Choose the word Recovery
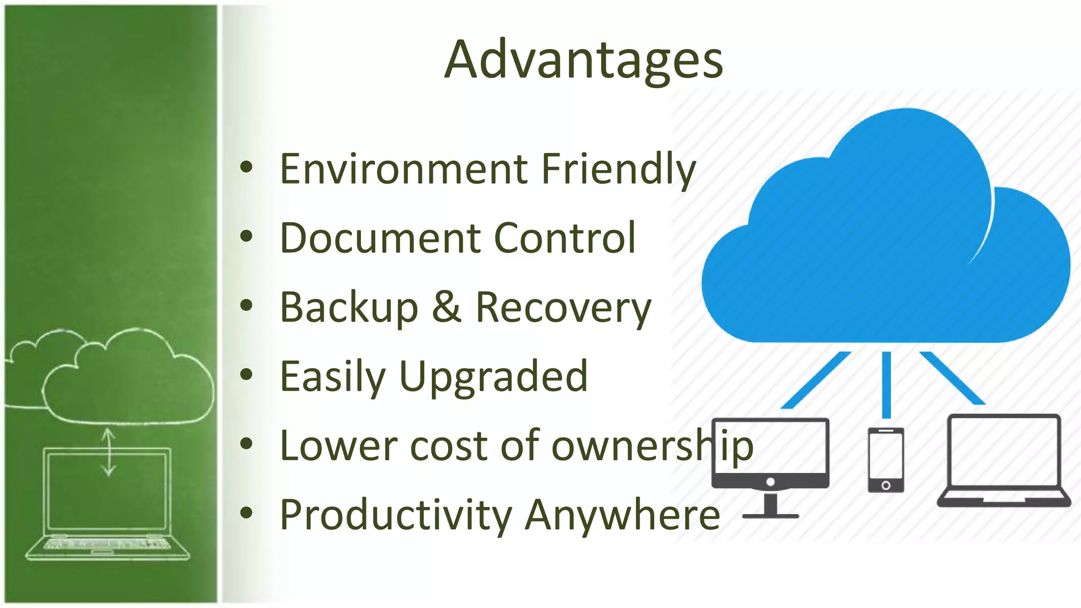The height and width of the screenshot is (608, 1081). pyautogui.click(x=563, y=308)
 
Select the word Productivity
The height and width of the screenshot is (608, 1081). pyautogui.click(x=396, y=515)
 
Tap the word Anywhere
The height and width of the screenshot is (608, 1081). pyautogui.click(x=623, y=515)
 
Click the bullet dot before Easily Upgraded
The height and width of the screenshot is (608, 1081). pyautogui.click(x=246, y=375)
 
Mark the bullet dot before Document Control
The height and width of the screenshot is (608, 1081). pyautogui.click(x=246, y=236)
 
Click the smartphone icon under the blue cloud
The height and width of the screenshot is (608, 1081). pyautogui.click(x=886, y=459)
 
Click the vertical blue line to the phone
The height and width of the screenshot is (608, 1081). pyautogui.click(x=886, y=384)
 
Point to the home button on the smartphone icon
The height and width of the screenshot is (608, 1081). pyautogui.click(x=886, y=485)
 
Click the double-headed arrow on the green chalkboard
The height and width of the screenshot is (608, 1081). pyautogui.click(x=109, y=452)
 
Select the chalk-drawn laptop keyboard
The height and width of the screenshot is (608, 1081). pyautogui.click(x=108, y=544)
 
